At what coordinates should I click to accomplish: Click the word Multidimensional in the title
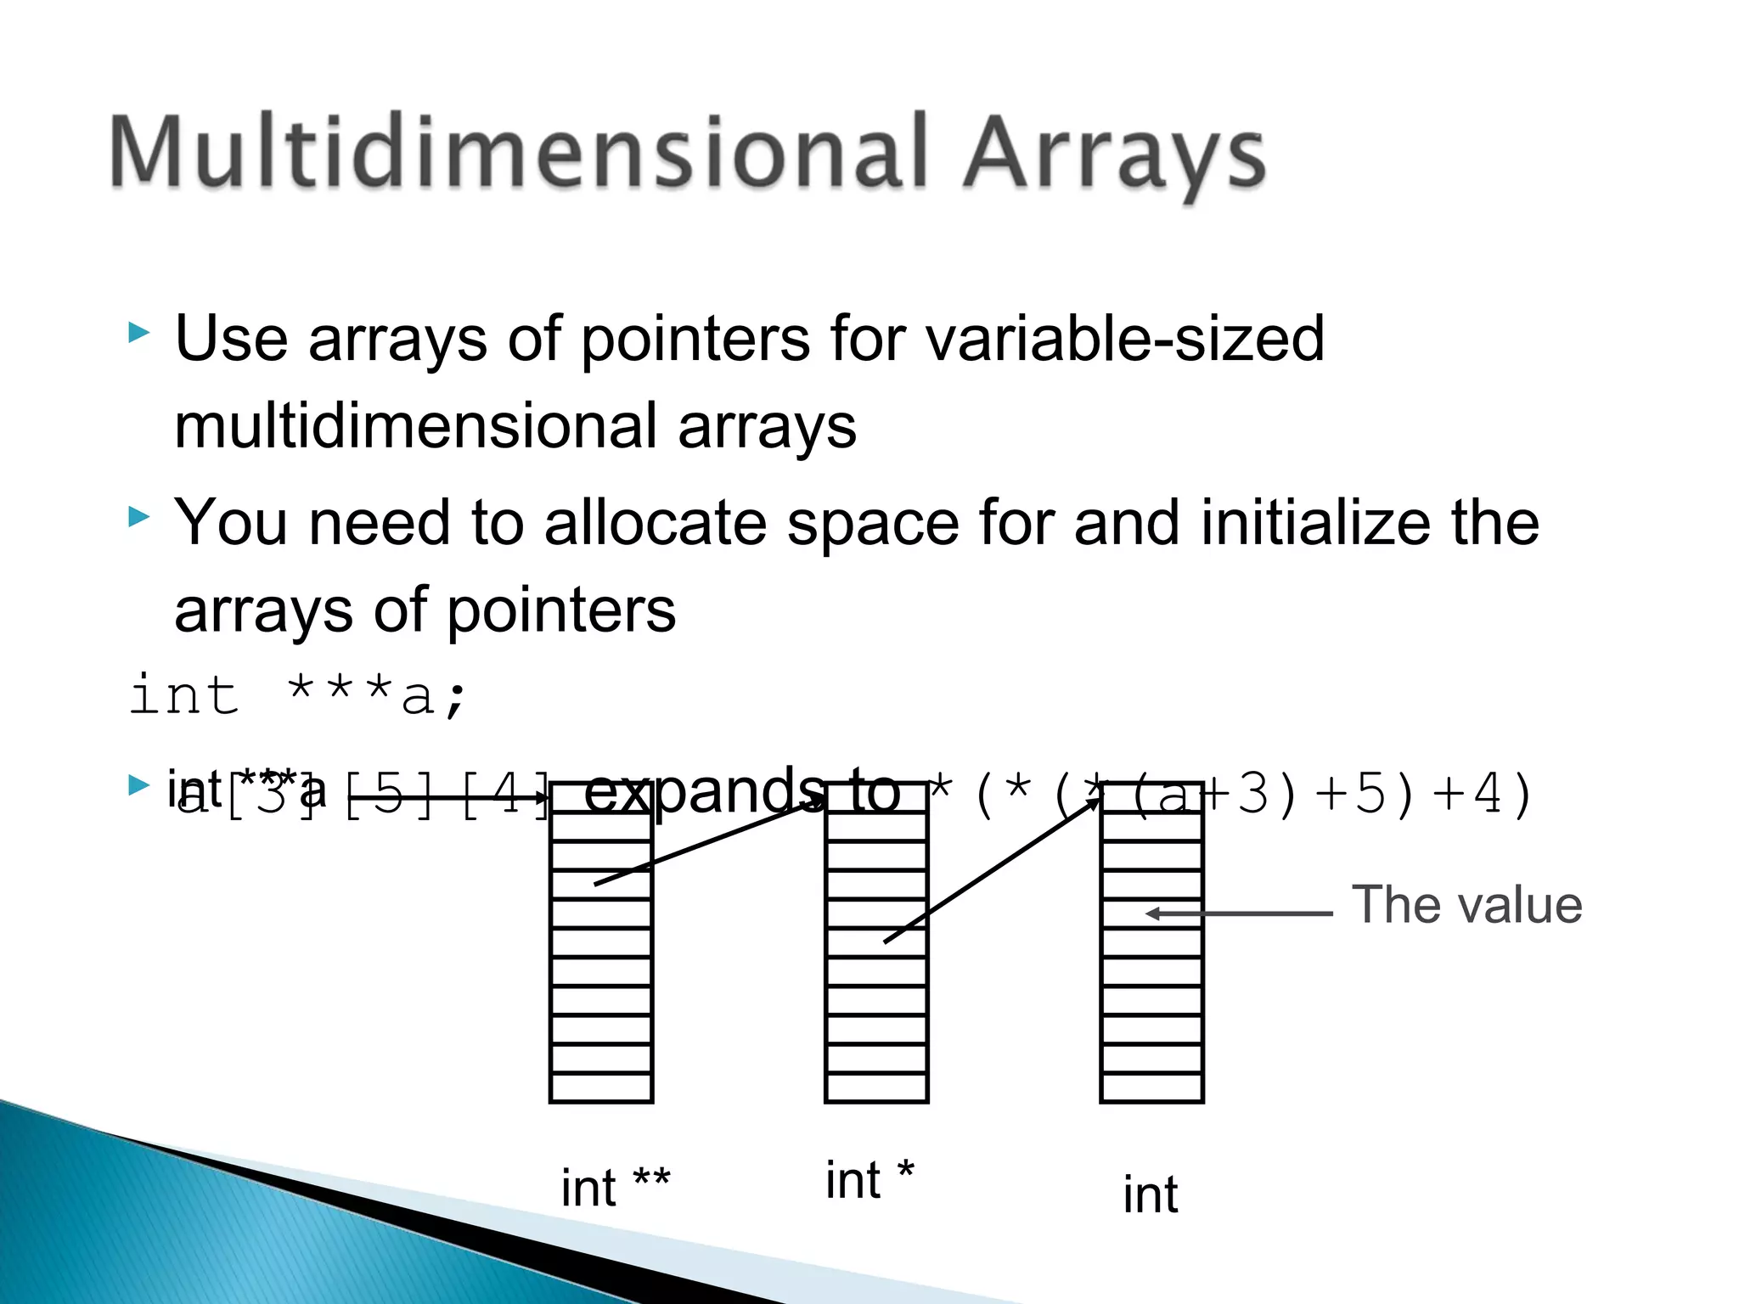pyautogui.click(x=518, y=153)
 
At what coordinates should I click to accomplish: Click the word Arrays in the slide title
pyautogui.click(x=1114, y=157)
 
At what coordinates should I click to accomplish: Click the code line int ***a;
pyautogui.click(x=297, y=696)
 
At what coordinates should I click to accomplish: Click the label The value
pyautogui.click(x=1466, y=905)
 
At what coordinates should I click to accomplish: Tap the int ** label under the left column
pyautogui.click(x=616, y=1187)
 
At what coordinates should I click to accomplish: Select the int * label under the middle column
pyautogui.click(x=869, y=1180)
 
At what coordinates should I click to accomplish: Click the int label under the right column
pyautogui.click(x=1151, y=1195)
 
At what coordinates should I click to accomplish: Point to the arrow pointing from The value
pyautogui.click(x=1240, y=913)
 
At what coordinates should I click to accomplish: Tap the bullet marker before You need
pyautogui.click(x=138, y=516)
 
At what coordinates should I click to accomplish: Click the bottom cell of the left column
pyautogui.click(x=601, y=1088)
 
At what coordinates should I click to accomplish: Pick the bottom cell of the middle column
pyautogui.click(x=876, y=1088)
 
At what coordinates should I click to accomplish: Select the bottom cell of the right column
pyautogui.click(x=1151, y=1088)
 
